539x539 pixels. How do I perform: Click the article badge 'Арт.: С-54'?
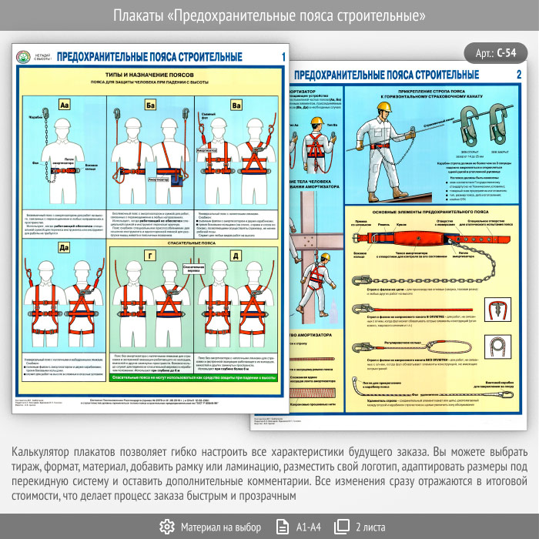tap(496, 53)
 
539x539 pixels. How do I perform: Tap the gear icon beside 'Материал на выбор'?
tap(166, 527)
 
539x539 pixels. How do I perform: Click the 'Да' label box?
tap(65, 247)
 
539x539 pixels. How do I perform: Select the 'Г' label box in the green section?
tap(151, 255)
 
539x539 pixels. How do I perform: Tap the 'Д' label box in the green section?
tap(236, 255)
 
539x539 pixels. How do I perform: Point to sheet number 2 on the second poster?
tap(519, 75)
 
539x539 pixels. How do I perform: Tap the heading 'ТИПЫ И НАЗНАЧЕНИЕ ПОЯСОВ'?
tap(151, 75)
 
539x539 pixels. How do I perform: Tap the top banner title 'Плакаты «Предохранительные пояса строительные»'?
tap(269, 15)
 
